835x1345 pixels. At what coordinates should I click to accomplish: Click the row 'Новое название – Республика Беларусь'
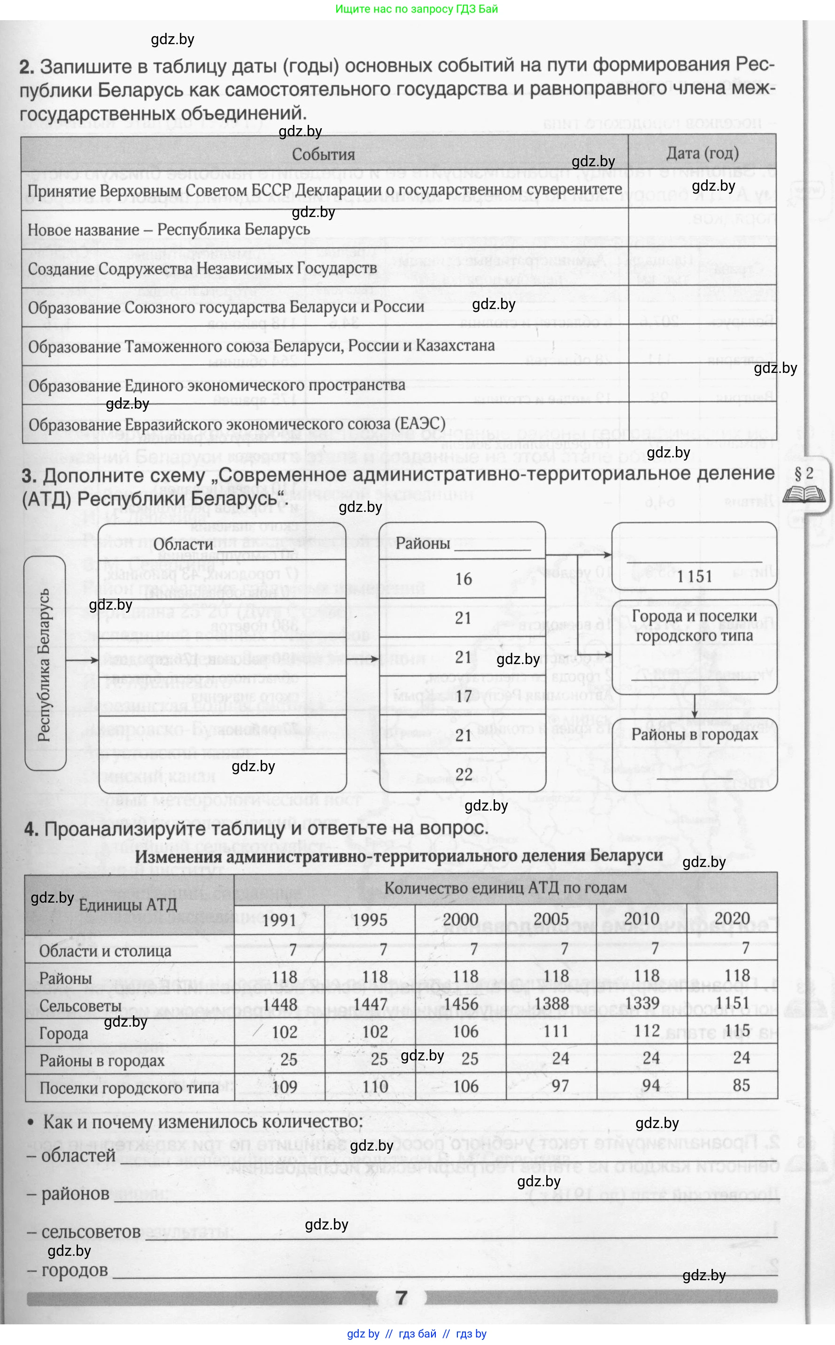(169, 229)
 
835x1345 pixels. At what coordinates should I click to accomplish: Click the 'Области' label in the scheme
(183, 544)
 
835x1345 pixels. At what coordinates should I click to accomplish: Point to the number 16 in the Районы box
(464, 579)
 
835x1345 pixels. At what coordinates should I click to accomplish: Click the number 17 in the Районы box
(464, 696)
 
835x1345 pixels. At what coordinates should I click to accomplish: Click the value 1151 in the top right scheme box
(695, 576)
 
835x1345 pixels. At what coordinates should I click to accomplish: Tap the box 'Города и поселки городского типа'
(694, 626)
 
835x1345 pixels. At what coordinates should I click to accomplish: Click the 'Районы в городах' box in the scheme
(694, 735)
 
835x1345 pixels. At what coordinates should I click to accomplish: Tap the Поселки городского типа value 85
(741, 1085)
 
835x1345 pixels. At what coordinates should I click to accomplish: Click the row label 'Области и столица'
(105, 951)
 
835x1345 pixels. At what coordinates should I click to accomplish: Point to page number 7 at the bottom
(402, 1298)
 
